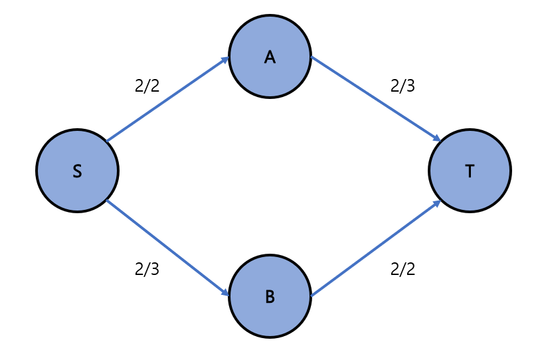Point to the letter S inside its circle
(77, 171)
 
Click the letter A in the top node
(270, 58)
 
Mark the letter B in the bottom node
(270, 297)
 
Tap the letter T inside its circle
(470, 171)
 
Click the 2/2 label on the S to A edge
(147, 86)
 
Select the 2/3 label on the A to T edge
(403, 86)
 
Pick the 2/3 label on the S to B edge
(147, 269)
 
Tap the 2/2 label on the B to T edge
(403, 269)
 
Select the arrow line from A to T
(375, 98)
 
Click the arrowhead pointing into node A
(224, 61)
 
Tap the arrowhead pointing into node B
(224, 292)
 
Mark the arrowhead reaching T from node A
(436, 138)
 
